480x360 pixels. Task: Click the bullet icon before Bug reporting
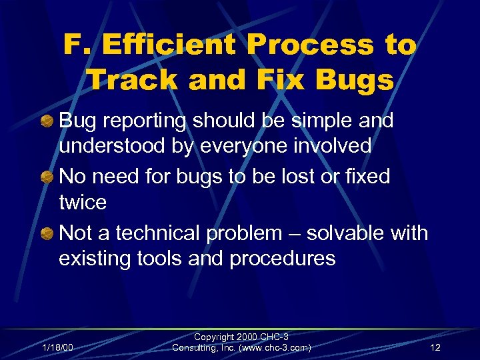tap(49, 121)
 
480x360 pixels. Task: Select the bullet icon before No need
tap(49, 177)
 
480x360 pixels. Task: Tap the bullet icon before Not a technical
tap(49, 233)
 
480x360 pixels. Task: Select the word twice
tap(82, 202)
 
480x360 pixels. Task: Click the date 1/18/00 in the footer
tap(57, 347)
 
